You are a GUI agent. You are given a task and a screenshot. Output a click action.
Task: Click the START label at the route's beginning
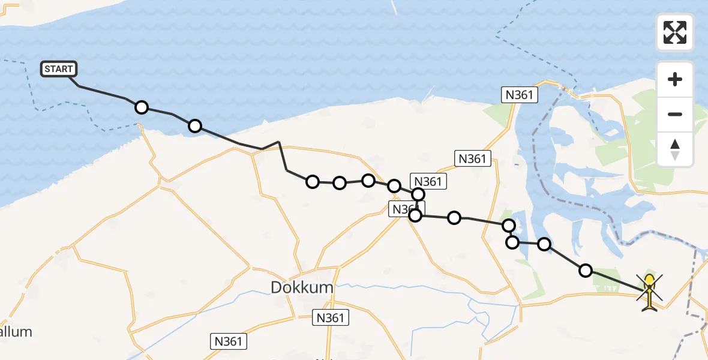click(x=59, y=69)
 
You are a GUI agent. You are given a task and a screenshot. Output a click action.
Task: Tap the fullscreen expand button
click(x=675, y=32)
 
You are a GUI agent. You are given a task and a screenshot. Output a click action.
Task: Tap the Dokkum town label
click(x=302, y=287)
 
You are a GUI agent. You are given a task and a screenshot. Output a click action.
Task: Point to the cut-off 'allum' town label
click(x=16, y=331)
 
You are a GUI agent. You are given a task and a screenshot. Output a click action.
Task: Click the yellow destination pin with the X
click(x=649, y=292)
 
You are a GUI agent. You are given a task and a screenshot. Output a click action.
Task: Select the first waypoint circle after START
click(x=141, y=107)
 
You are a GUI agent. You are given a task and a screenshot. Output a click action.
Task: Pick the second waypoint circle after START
click(x=194, y=126)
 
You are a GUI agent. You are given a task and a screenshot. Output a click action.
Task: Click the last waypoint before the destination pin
click(x=585, y=271)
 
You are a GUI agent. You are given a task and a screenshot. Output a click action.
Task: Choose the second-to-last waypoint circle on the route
click(x=544, y=244)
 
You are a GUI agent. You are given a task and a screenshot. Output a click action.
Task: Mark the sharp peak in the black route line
click(x=279, y=142)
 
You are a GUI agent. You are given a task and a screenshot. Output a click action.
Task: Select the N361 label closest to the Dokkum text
click(x=330, y=317)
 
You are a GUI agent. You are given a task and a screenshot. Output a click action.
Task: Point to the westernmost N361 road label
click(x=229, y=341)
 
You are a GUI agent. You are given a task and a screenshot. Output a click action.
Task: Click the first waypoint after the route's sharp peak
click(x=312, y=182)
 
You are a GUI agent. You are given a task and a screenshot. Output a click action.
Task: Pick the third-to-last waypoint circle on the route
click(x=512, y=242)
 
